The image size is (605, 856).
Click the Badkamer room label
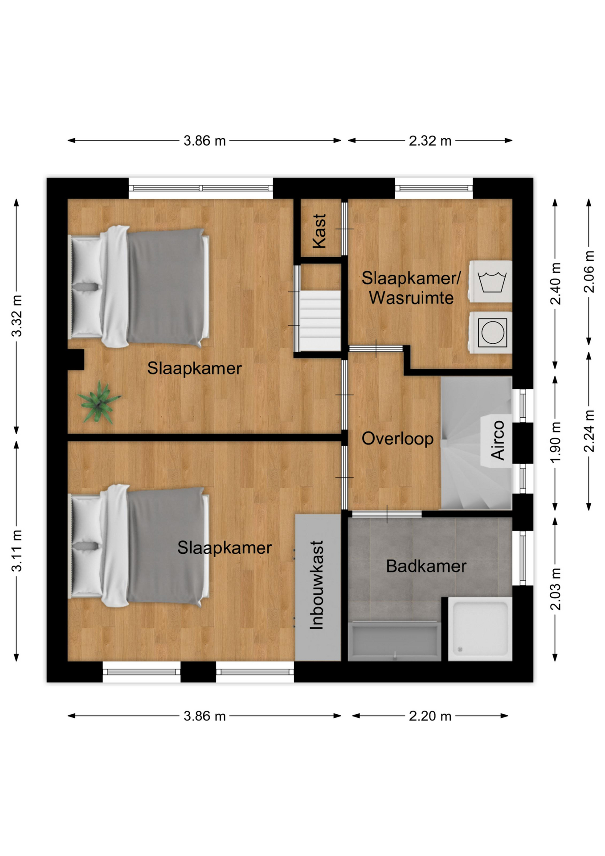(x=426, y=566)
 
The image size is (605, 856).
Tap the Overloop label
(x=397, y=439)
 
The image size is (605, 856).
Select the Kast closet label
(x=319, y=231)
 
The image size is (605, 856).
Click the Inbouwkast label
(x=316, y=585)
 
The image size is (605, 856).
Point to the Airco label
(x=498, y=440)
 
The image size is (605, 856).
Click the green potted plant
(x=98, y=402)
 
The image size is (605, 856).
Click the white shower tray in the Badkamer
(x=480, y=629)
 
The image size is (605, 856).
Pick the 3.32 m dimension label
(x=16, y=316)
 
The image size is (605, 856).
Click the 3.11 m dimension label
(x=16, y=551)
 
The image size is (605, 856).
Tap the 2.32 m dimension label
(x=430, y=141)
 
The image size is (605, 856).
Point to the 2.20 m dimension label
(x=430, y=716)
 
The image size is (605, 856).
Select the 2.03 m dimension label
(x=555, y=589)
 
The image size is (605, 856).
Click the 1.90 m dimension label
(x=555, y=442)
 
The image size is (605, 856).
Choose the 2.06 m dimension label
(x=589, y=272)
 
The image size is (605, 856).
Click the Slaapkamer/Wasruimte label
(x=411, y=288)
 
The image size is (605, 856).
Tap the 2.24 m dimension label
(x=589, y=431)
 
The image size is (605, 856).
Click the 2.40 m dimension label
(x=555, y=284)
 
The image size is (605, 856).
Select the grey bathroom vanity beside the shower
(x=394, y=641)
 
